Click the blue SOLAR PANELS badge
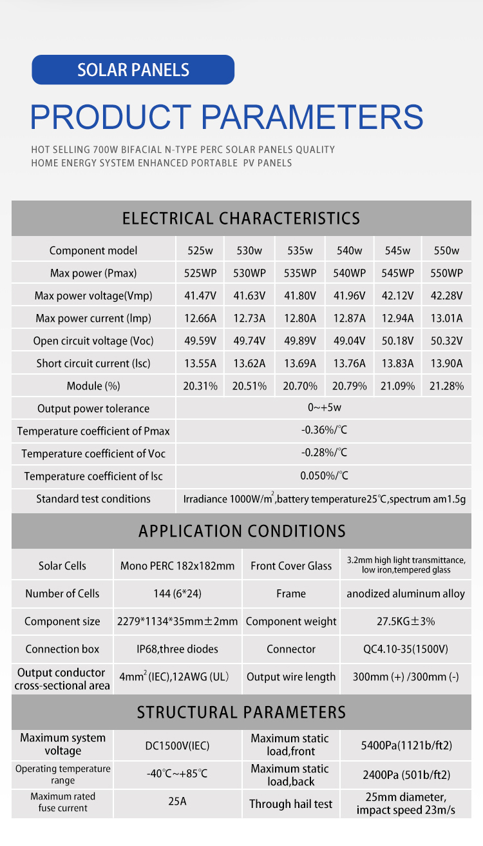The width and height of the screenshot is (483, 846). coord(133,70)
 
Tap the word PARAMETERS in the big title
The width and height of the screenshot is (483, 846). coord(312,117)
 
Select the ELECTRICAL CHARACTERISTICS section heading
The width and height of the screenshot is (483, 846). coord(241,218)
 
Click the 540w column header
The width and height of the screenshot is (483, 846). coord(349,251)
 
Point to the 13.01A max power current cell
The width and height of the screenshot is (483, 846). coord(446,319)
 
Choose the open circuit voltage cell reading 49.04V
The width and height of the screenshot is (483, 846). coord(349,341)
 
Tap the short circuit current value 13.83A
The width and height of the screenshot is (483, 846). coord(397,364)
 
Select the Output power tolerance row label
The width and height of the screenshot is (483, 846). coord(93,409)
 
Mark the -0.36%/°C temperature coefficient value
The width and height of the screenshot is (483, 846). coord(324,430)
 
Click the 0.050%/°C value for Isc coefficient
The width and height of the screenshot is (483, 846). coord(324,476)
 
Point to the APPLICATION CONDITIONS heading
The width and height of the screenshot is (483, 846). coord(241,531)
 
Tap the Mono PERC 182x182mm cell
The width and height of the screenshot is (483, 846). coord(178,566)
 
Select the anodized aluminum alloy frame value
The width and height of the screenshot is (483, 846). coord(406,594)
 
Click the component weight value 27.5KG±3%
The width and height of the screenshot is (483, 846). coord(406,622)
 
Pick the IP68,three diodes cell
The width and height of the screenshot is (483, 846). coord(178,649)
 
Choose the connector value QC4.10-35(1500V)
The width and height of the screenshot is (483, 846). coord(406,649)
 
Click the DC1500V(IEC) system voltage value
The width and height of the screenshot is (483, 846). coord(178,746)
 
